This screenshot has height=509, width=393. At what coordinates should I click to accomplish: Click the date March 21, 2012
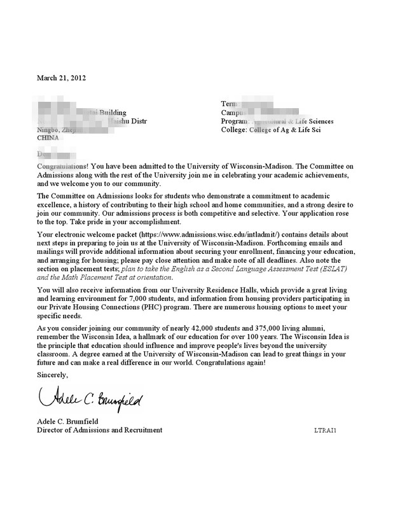61,78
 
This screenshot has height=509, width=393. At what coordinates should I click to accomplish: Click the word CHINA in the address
48,137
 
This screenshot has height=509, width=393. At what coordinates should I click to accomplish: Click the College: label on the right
238,129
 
